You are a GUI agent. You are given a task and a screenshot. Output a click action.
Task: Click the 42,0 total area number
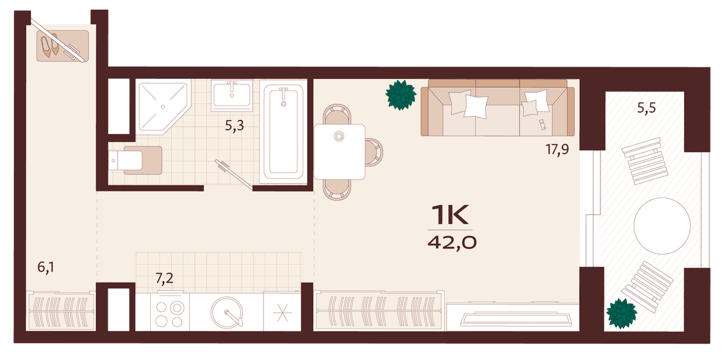[452, 242]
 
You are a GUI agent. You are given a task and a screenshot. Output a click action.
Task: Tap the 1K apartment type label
[450, 215]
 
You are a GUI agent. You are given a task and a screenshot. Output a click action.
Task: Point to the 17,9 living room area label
[557, 150]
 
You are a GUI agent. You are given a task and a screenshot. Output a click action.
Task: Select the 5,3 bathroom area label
[234, 125]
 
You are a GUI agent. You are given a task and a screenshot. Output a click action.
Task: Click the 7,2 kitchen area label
[164, 278]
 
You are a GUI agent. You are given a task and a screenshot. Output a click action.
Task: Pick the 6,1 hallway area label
[46, 267]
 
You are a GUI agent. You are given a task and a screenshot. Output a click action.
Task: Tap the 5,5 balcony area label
[646, 108]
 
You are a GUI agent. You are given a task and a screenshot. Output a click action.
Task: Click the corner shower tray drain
[163, 107]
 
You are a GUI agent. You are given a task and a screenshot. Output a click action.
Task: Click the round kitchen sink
[227, 312]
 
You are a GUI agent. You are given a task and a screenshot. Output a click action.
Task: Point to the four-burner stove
[170, 312]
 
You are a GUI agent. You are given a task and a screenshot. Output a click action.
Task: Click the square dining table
[339, 152]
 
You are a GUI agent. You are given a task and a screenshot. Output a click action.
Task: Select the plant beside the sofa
[401, 95]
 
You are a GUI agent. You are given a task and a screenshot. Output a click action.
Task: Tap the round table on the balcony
[662, 226]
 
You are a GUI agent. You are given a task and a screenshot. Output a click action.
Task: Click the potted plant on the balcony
[622, 313]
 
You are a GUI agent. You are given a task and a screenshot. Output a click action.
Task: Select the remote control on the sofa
[542, 125]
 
